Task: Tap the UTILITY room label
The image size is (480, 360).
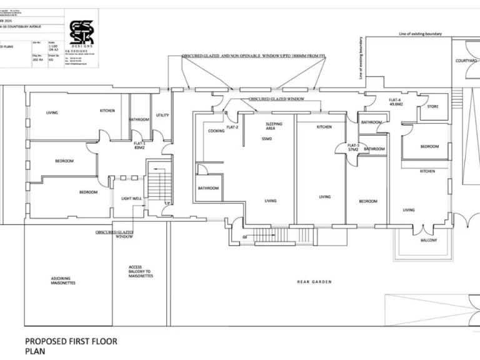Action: (x=162, y=115)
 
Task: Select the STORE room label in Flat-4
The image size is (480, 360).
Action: (x=432, y=106)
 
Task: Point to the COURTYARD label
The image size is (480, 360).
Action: (x=466, y=61)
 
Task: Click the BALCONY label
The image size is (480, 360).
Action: (x=428, y=241)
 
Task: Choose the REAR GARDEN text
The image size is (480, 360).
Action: (x=314, y=282)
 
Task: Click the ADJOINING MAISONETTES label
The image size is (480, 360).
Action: (x=63, y=281)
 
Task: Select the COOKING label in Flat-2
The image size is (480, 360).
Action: (x=216, y=131)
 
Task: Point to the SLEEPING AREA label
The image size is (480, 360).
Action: (x=274, y=126)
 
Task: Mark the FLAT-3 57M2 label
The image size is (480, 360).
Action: (x=353, y=147)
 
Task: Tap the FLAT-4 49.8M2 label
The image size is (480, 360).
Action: (x=395, y=102)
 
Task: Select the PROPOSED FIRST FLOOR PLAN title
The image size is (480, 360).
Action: (x=70, y=346)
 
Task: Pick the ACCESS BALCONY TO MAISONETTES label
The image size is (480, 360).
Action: (x=139, y=271)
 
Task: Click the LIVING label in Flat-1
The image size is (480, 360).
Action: (x=52, y=112)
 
